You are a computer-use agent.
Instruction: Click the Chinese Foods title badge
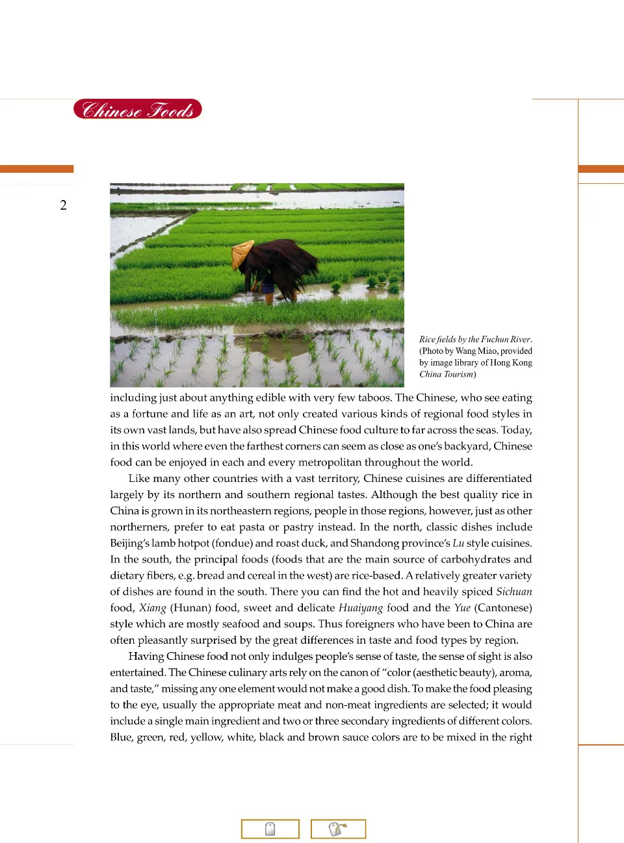coord(137,109)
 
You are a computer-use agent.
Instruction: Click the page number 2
coord(63,205)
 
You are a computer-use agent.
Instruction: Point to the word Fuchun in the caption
coord(495,339)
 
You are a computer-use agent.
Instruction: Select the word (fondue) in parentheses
coord(231,543)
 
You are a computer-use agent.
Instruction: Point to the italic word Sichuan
coord(513,592)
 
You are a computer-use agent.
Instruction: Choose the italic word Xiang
coord(153,608)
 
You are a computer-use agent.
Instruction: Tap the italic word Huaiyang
coord(360,608)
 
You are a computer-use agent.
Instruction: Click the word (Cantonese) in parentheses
coord(503,608)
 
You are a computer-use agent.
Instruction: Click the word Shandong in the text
coord(374,543)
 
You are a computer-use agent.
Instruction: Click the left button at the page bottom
coord(270,829)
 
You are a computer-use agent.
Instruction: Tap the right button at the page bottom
coord(338,829)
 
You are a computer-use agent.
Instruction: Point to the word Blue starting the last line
coord(121,737)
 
